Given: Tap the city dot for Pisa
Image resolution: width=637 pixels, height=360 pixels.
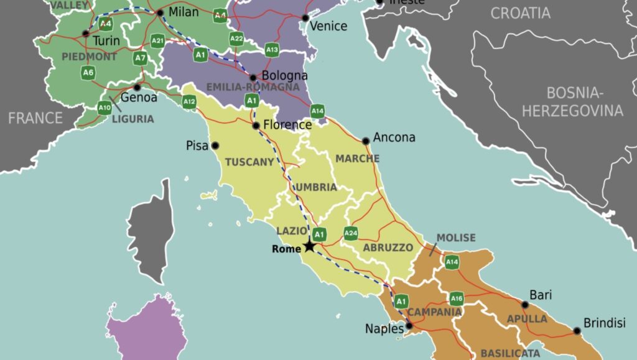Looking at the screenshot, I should pyautogui.click(x=215, y=146).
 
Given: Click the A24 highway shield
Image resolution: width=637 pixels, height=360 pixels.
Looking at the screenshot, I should pyautogui.click(x=351, y=234).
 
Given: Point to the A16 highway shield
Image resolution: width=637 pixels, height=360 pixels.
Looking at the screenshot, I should pyautogui.click(x=457, y=298).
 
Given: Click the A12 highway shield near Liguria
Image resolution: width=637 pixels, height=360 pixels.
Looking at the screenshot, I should pyautogui.click(x=189, y=101).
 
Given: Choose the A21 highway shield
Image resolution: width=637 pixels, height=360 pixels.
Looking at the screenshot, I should pyautogui.click(x=157, y=42).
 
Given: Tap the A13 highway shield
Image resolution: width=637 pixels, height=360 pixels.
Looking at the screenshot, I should pyautogui.click(x=272, y=50).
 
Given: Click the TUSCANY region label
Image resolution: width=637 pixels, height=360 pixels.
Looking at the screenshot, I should pyautogui.click(x=249, y=162).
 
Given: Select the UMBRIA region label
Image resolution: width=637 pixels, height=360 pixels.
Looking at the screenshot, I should pyautogui.click(x=316, y=187).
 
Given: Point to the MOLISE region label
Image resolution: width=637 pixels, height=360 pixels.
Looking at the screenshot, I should pyautogui.click(x=455, y=238).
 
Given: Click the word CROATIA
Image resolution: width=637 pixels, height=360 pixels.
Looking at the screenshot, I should pyautogui.click(x=521, y=12).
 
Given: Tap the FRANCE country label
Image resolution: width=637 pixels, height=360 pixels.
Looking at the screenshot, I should pyautogui.click(x=35, y=118).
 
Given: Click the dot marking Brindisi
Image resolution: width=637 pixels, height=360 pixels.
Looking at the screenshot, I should pyautogui.click(x=577, y=331).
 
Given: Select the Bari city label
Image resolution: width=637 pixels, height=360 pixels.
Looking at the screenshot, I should pyautogui.click(x=540, y=295).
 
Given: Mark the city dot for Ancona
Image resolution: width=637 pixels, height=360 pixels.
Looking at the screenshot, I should pyautogui.click(x=366, y=141).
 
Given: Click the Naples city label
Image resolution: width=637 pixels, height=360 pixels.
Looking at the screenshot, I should pyautogui.click(x=384, y=329).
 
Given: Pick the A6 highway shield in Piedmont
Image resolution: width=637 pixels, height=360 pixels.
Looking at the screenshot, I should pyautogui.click(x=88, y=72).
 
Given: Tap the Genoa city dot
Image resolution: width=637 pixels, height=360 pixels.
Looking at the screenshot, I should pyautogui.click(x=137, y=87).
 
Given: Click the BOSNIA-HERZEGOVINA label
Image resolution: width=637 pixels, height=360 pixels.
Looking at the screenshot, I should pyautogui.click(x=572, y=102).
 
